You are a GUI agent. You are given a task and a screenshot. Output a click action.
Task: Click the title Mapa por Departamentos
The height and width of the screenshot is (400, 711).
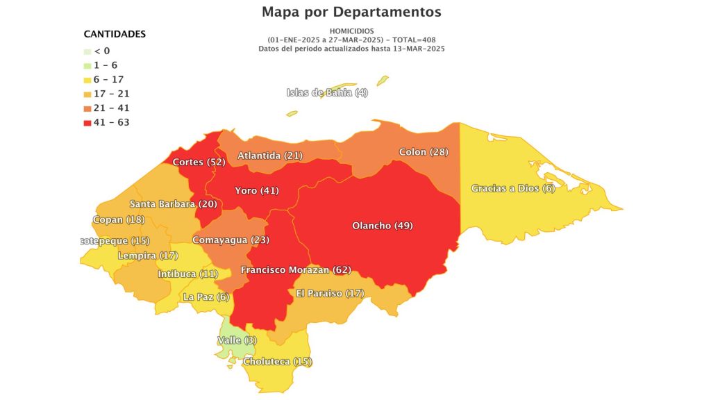coord(351,12)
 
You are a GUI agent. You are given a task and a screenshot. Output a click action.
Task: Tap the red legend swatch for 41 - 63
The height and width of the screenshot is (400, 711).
coord(87,123)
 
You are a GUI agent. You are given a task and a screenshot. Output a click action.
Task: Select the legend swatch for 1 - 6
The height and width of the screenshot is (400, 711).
coord(87,65)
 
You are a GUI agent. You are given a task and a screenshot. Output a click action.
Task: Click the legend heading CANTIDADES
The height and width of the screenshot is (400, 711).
coord(115,34)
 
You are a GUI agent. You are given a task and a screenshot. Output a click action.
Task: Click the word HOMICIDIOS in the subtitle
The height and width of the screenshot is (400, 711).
coord(351,31)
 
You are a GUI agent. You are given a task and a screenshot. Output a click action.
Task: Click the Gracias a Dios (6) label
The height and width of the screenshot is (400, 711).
coord(513,188)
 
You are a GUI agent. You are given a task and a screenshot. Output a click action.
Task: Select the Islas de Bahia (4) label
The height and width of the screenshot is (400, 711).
coord(327,93)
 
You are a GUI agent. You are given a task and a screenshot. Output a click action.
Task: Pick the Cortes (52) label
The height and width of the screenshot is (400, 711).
coord(199,162)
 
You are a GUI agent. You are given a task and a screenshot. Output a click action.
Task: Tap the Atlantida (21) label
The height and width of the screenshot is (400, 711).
coord(270,156)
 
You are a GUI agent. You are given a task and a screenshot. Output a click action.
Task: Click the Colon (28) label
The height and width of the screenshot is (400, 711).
coord(424,152)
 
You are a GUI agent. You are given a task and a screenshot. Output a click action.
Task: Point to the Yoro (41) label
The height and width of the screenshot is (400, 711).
coord(257,190)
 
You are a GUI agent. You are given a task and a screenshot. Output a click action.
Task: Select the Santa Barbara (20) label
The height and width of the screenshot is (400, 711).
coord(174,204)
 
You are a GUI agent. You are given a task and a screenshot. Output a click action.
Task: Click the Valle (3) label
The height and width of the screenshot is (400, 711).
coord(237,340)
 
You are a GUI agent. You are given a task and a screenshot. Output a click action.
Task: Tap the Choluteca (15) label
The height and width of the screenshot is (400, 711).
coord(277,361)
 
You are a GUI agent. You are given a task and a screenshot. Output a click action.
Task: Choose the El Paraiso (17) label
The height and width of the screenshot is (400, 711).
coord(330,293)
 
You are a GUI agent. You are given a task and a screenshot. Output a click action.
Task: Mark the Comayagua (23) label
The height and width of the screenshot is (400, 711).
coord(231,240)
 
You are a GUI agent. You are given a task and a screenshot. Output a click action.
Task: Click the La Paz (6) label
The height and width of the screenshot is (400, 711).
coord(206,297)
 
